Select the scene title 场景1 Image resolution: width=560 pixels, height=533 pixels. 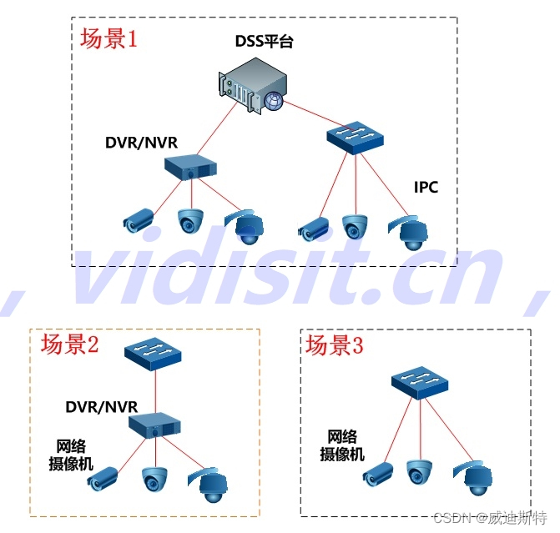point(108,39)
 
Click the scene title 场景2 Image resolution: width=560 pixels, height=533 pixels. point(69,344)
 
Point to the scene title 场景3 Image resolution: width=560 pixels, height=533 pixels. point(335,344)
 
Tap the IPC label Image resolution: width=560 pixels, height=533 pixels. point(426,188)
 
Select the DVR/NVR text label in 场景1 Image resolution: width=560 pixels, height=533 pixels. point(141,142)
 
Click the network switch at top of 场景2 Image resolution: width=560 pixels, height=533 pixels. point(154,354)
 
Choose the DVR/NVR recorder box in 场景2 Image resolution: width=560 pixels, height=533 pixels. point(155,425)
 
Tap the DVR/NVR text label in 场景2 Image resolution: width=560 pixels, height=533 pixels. point(102,406)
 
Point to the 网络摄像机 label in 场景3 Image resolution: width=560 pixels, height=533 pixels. point(343,445)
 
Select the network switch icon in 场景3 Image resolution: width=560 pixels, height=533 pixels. point(419,382)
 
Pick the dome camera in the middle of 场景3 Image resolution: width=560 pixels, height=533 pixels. point(419,473)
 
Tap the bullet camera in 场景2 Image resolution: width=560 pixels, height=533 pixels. point(106,479)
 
